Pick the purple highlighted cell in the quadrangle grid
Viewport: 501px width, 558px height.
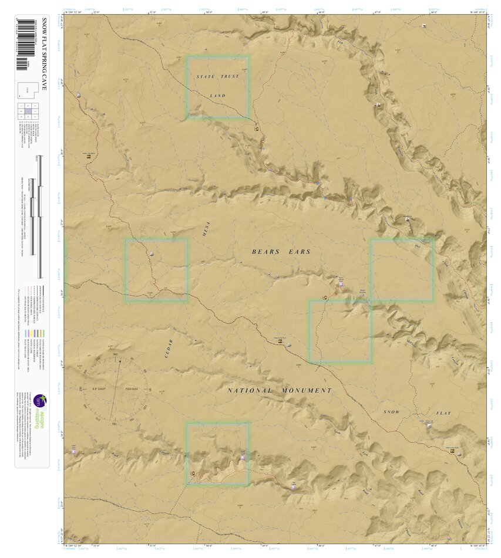pyautogui.click(x=28, y=111)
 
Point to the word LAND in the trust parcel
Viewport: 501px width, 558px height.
pyautogui.click(x=217, y=95)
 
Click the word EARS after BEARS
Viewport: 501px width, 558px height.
pyautogui.click(x=299, y=252)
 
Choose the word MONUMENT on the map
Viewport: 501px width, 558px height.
pyautogui.click(x=307, y=390)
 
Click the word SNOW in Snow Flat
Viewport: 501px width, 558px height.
pyautogui.click(x=392, y=412)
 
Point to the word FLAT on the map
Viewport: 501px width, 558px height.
pyautogui.click(x=443, y=413)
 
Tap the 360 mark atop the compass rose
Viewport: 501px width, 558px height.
pyautogui.click(x=115, y=354)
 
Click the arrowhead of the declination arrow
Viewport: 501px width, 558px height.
pyautogui.click(x=121, y=360)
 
